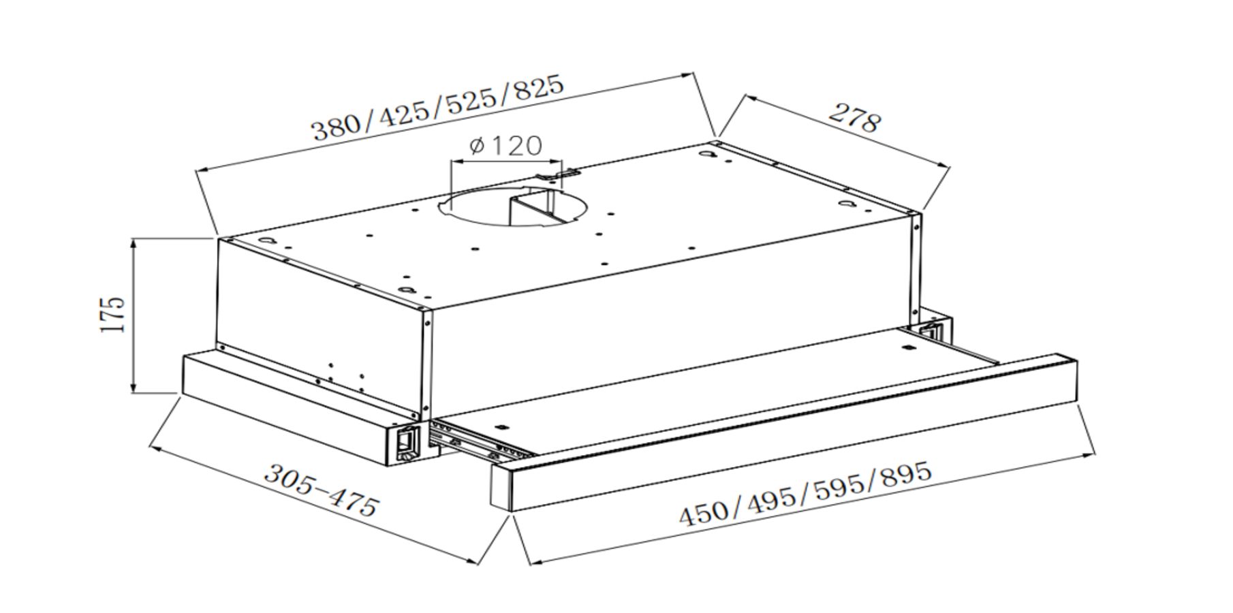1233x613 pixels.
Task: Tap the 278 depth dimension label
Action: [855, 118]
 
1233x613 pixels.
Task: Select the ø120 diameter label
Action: [506, 145]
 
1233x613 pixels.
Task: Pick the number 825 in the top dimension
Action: [539, 87]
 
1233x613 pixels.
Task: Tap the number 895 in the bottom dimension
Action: [905, 473]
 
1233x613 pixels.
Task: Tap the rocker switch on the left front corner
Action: [407, 441]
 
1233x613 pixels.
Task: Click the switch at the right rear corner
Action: [931, 332]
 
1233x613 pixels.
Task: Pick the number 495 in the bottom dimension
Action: [772, 498]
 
